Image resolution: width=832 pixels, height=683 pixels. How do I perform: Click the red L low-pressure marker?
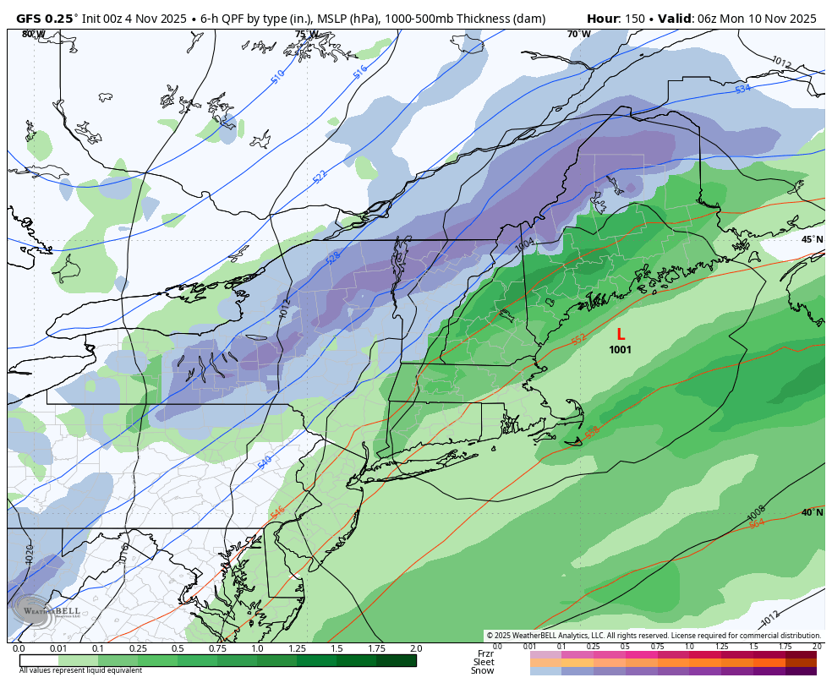coord(621,335)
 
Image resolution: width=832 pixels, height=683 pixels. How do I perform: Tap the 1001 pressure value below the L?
coord(620,350)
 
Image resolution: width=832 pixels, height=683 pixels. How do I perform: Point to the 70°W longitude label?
coord(578,35)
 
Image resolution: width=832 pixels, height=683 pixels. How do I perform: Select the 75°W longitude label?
coord(306,35)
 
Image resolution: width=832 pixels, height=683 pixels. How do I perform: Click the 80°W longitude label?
coord(34,35)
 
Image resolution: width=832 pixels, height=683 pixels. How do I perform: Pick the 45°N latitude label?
coord(812,240)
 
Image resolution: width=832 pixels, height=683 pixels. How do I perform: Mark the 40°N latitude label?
coord(812,512)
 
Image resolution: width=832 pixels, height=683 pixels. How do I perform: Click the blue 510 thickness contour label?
coord(277,77)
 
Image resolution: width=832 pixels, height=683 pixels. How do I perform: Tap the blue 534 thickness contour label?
coord(742,89)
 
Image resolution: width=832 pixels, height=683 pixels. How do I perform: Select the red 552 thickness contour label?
coord(578,339)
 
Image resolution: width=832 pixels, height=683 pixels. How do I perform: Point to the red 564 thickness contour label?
coord(757,524)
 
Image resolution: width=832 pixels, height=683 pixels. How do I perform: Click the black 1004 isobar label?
coord(524,244)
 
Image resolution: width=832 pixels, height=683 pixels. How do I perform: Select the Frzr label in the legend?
coord(484,653)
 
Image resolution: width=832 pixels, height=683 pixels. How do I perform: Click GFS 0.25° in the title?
coord(47,19)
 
